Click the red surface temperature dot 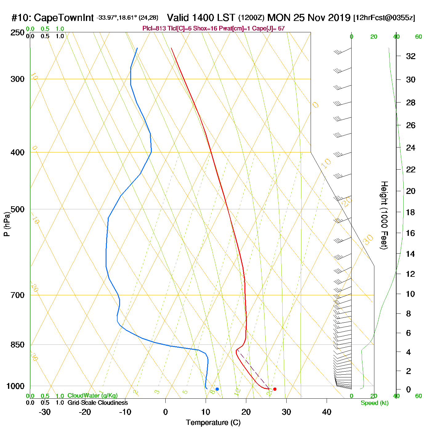click(x=275, y=389)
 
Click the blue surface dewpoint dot click(x=217, y=389)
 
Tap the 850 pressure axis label click(x=18, y=345)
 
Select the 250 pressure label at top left click(x=18, y=33)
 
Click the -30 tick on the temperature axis click(x=45, y=412)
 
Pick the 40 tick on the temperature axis click(x=327, y=412)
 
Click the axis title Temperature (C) click(x=213, y=423)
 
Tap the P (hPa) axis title click(x=7, y=224)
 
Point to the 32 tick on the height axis click(x=411, y=56)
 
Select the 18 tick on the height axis click(x=411, y=212)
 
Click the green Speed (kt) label click(x=374, y=403)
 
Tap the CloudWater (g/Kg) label click(x=92, y=396)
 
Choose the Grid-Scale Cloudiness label click(x=98, y=403)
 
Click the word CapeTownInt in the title click(x=63, y=18)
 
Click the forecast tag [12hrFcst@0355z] click(x=384, y=18)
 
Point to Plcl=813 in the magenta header click(x=154, y=29)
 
